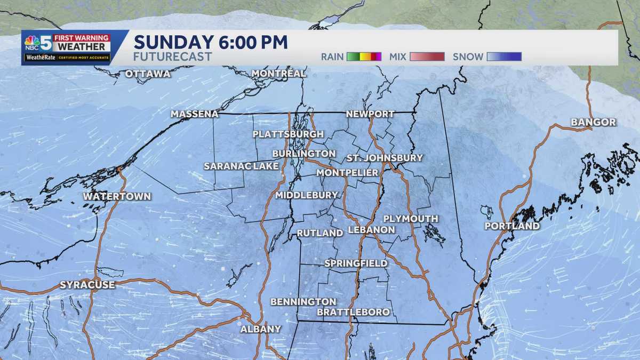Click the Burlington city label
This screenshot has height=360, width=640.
303,154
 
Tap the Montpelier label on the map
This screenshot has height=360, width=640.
347,173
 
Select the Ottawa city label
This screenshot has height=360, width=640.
148,74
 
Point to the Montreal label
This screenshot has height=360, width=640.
278,73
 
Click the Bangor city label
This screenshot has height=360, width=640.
593,122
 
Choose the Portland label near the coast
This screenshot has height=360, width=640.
512,226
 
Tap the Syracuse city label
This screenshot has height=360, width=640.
87,285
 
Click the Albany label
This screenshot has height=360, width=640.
260,329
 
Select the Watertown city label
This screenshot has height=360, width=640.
117,196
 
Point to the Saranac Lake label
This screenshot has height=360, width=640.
241,166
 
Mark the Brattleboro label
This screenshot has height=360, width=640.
353,312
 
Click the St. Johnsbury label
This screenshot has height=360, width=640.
385,158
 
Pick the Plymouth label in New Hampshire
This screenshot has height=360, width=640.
411,219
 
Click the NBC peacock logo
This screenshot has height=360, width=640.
31,42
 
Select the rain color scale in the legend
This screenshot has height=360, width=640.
364,57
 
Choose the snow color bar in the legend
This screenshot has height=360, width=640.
504,57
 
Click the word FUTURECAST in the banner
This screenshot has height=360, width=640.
172,57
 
